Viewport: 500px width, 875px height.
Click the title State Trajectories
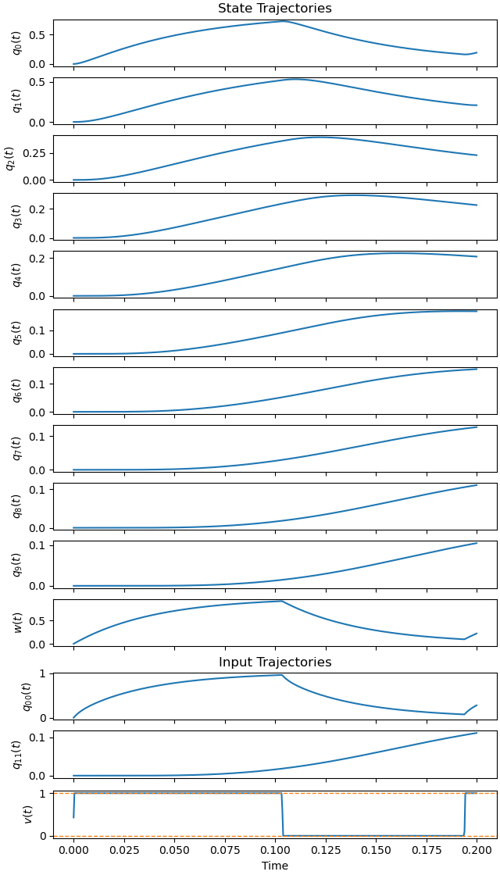coord(274,9)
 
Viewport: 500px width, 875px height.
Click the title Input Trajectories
coord(274,662)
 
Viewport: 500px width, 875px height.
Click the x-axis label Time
coord(274,866)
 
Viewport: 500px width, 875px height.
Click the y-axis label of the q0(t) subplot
coord(17,43)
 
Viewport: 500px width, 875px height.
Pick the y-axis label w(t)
coord(17,623)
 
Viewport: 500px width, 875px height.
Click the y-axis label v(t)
coord(28,813)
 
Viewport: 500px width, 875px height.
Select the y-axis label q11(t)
coord(17,755)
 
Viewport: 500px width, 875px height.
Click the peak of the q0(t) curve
coord(284,21)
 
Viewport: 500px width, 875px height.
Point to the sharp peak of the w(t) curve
coord(281,601)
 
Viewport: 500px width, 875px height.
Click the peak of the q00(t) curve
coord(281,675)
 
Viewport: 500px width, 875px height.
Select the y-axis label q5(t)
coord(17,333)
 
